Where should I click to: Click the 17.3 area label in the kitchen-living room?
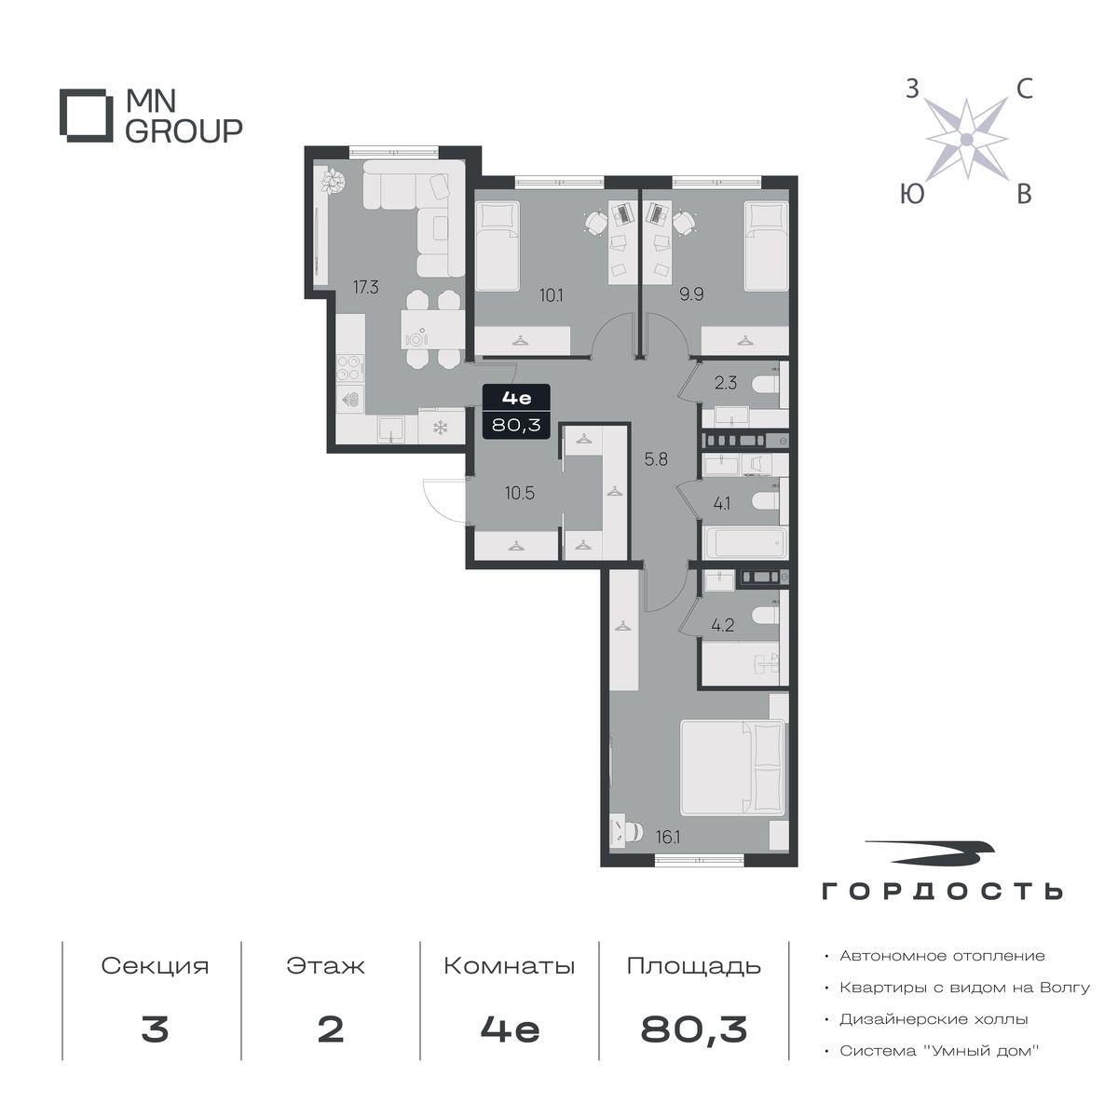coord(365,287)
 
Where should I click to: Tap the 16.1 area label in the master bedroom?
coord(668,853)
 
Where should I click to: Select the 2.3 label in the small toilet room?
coord(725,383)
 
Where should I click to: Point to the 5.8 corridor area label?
coord(656,459)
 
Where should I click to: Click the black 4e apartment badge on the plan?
coord(516,413)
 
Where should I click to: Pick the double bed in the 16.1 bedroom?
coord(733,768)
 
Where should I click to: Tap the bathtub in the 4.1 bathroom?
coord(745,543)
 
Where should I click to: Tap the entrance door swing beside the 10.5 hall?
coord(445,500)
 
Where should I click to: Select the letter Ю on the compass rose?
coord(912,194)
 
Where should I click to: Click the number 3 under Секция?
coord(155,1029)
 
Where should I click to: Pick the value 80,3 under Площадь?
coord(694,1029)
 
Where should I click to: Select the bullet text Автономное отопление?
coord(942,956)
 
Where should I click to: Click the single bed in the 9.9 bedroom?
coord(766,246)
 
